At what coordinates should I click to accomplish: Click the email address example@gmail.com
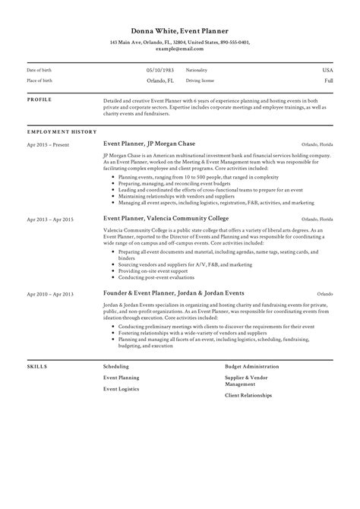pos(179,48)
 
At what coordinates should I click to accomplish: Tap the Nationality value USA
pos(327,69)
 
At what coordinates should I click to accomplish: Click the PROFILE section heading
pos(39,100)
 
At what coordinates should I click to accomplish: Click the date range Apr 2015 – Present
pos(46,143)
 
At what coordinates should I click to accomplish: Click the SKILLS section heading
pos(36,366)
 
